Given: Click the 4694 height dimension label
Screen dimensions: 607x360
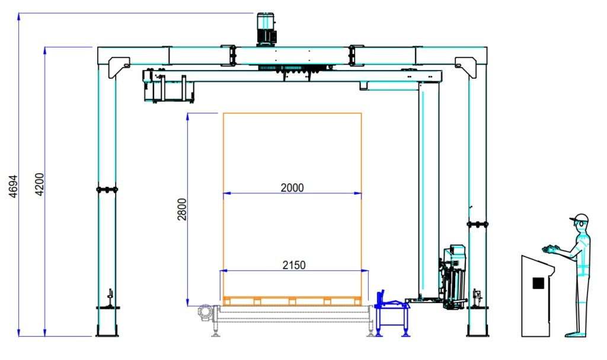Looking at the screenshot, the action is point(14,186).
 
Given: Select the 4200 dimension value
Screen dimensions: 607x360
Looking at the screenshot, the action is point(40,184).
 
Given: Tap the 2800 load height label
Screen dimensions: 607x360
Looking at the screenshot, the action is point(182,209).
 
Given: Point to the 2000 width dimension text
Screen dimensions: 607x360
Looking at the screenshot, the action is point(292,187).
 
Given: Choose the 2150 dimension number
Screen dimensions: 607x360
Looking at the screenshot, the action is point(294,265).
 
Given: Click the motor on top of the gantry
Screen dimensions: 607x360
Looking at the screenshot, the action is point(266,30).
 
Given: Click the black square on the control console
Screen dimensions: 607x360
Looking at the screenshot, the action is point(538,283).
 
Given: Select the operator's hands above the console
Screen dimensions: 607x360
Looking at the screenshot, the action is point(551,249).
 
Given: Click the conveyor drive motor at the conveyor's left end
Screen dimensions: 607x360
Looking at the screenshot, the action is point(205,313).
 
